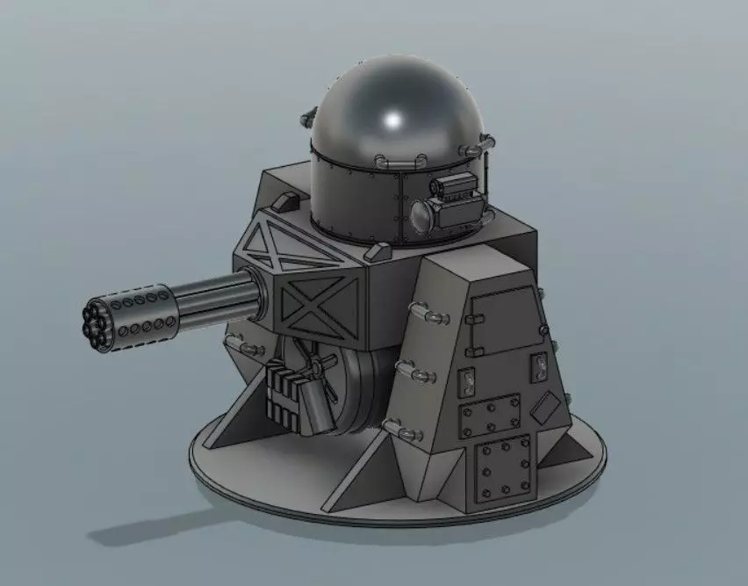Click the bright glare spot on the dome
(x=393, y=119)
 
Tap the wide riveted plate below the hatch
(x=491, y=416)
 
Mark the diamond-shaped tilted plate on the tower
(x=546, y=407)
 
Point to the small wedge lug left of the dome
(x=282, y=202)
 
